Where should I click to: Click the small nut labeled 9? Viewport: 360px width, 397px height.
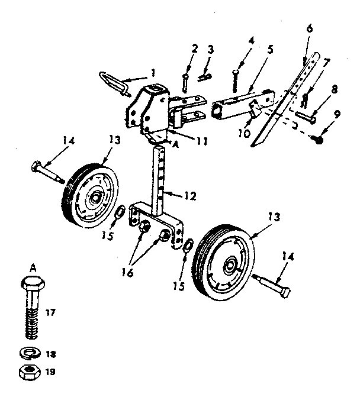318,139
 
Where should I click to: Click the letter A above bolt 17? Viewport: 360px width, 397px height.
33,266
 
